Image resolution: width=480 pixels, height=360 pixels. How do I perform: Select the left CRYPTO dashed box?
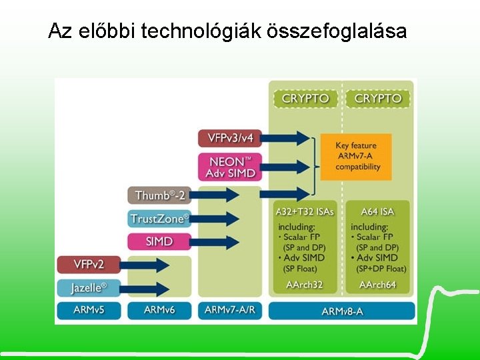click(x=305, y=99)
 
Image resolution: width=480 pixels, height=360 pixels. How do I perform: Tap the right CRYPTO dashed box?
click(x=378, y=99)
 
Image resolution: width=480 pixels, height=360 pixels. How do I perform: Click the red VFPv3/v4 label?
click(x=231, y=138)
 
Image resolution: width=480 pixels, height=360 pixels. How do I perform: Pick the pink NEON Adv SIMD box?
click(x=231, y=167)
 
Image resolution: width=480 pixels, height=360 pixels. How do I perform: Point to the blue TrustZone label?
click(x=159, y=219)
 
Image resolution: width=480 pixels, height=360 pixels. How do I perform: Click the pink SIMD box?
click(x=159, y=241)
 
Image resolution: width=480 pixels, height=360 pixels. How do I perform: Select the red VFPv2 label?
click(x=89, y=265)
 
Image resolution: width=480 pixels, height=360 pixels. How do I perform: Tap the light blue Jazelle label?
click(x=89, y=288)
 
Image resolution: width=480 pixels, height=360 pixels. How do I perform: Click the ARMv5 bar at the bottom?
click(x=89, y=311)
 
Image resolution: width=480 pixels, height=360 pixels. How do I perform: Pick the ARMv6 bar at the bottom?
click(x=159, y=311)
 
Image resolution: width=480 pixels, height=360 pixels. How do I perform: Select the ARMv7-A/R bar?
click(x=230, y=311)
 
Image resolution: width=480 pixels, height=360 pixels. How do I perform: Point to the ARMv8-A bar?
click(x=342, y=311)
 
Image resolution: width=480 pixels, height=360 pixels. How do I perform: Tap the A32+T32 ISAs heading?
click(x=305, y=212)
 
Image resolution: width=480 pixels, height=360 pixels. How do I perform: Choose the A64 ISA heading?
click(x=377, y=212)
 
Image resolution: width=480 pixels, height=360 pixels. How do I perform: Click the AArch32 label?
click(x=305, y=285)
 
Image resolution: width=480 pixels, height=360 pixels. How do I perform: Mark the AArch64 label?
click(x=377, y=285)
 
